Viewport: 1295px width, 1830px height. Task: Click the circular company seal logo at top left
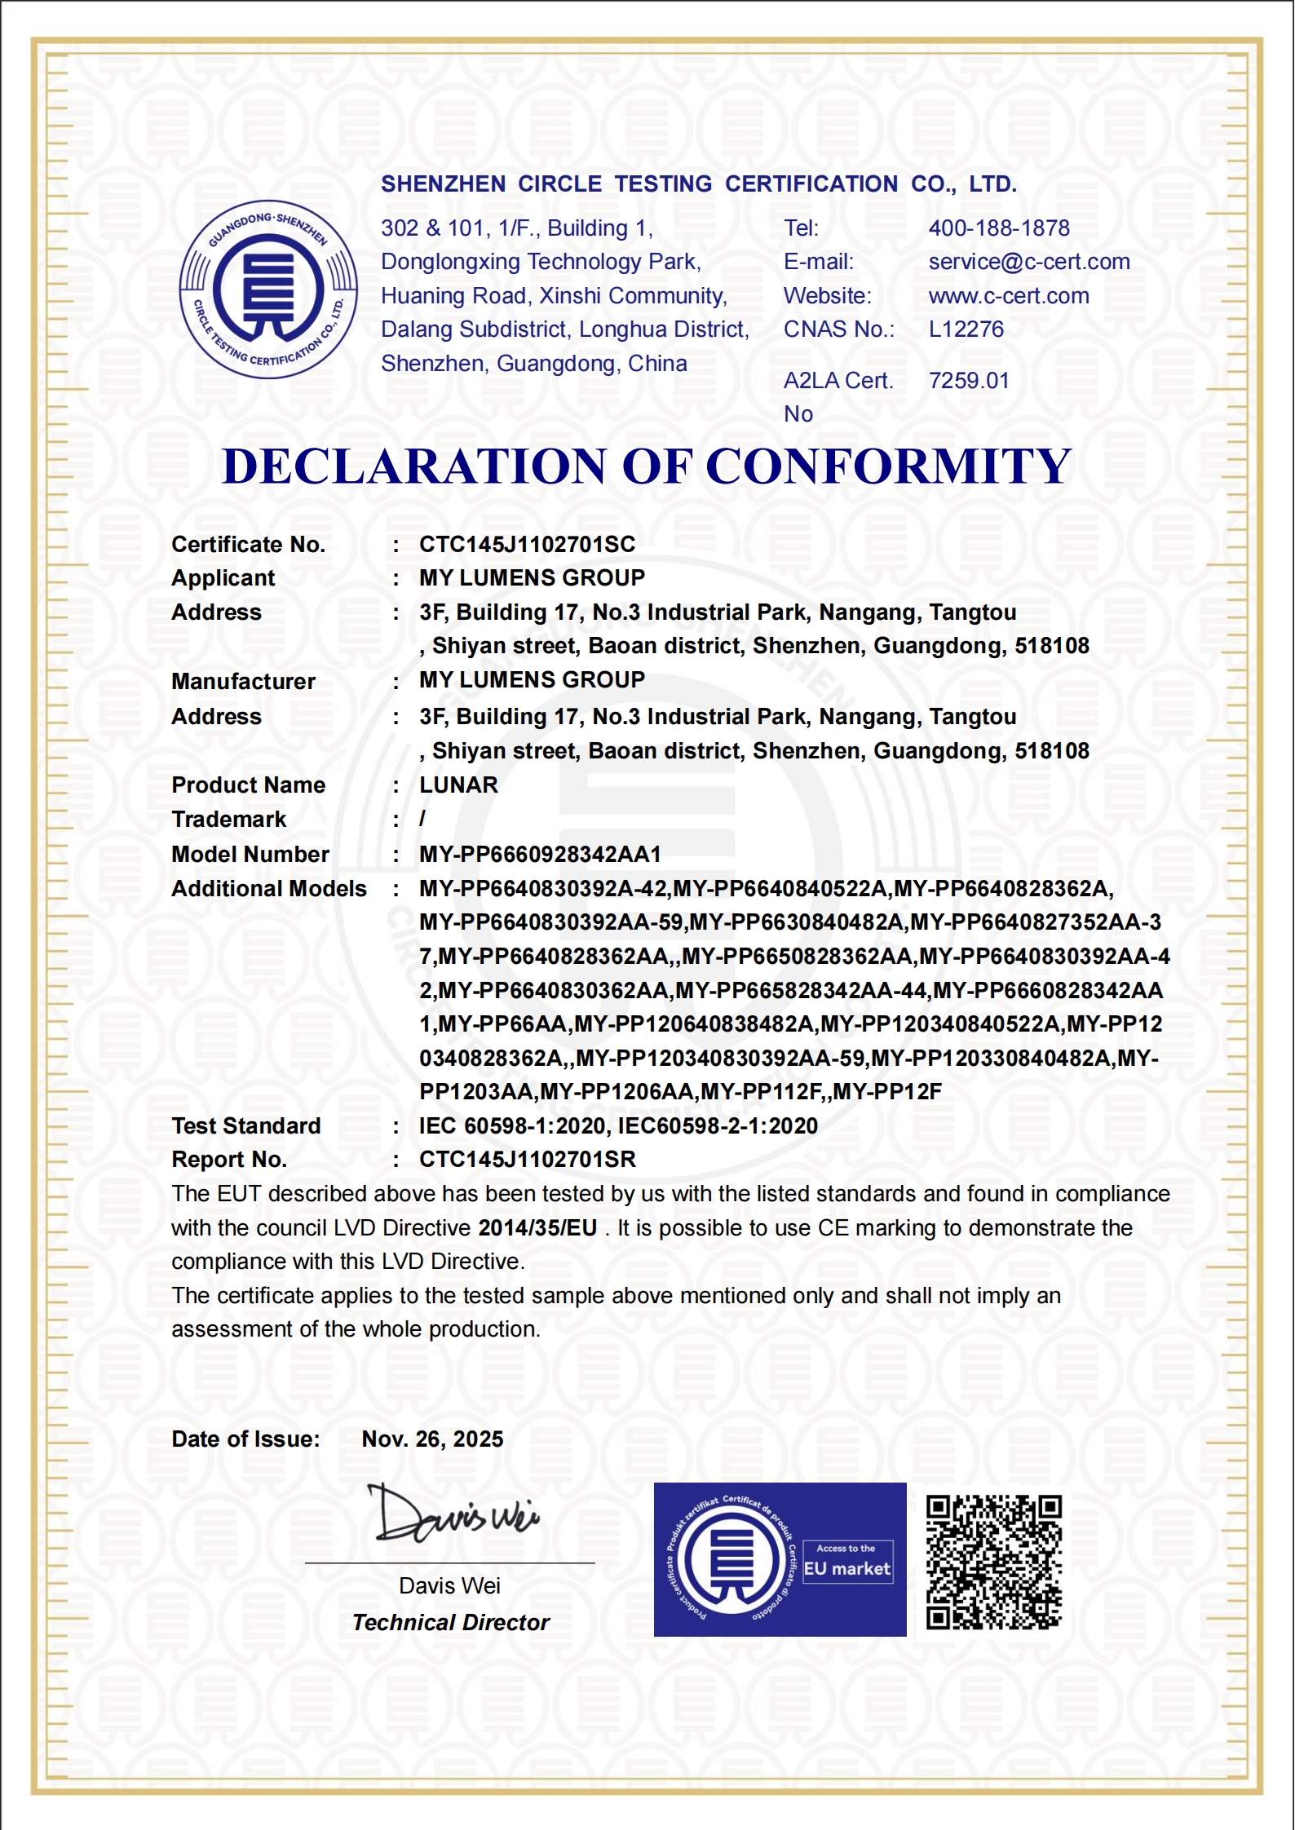268,290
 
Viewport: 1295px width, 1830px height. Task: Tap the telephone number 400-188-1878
999,228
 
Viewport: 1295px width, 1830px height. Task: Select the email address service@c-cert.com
1029,262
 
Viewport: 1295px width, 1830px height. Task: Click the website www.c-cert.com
1009,296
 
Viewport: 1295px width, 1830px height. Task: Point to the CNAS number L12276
966,329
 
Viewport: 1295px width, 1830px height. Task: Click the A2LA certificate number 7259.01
969,381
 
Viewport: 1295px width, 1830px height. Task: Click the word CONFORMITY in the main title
888,466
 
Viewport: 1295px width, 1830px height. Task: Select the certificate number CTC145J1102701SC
527,545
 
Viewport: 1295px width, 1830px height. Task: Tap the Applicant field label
223,578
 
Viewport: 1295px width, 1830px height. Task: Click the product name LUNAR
458,785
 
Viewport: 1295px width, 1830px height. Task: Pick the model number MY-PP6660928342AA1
540,855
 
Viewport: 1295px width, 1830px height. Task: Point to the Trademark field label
229,820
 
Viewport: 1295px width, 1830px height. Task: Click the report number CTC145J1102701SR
528,1160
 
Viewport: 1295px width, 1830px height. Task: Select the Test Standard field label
246,1126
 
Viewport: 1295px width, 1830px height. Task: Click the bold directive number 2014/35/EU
537,1228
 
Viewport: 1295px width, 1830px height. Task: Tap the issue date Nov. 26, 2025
432,1439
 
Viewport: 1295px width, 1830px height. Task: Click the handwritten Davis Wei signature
453,1516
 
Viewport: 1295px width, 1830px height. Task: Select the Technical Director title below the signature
451,1623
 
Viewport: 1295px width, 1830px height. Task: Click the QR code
994,1563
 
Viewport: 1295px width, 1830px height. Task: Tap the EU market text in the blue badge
847,1569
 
